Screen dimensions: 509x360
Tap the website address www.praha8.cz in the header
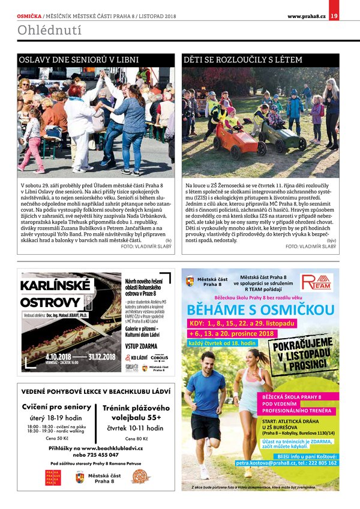[307, 16]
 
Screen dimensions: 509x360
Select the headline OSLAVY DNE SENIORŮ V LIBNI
[79, 61]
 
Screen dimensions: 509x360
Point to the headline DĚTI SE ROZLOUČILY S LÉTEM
[243, 61]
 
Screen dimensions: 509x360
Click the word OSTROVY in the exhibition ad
[50, 302]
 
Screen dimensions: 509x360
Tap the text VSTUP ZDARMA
[143, 346]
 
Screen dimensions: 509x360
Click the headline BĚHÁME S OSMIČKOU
[260, 310]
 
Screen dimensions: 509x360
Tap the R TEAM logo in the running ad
[315, 282]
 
